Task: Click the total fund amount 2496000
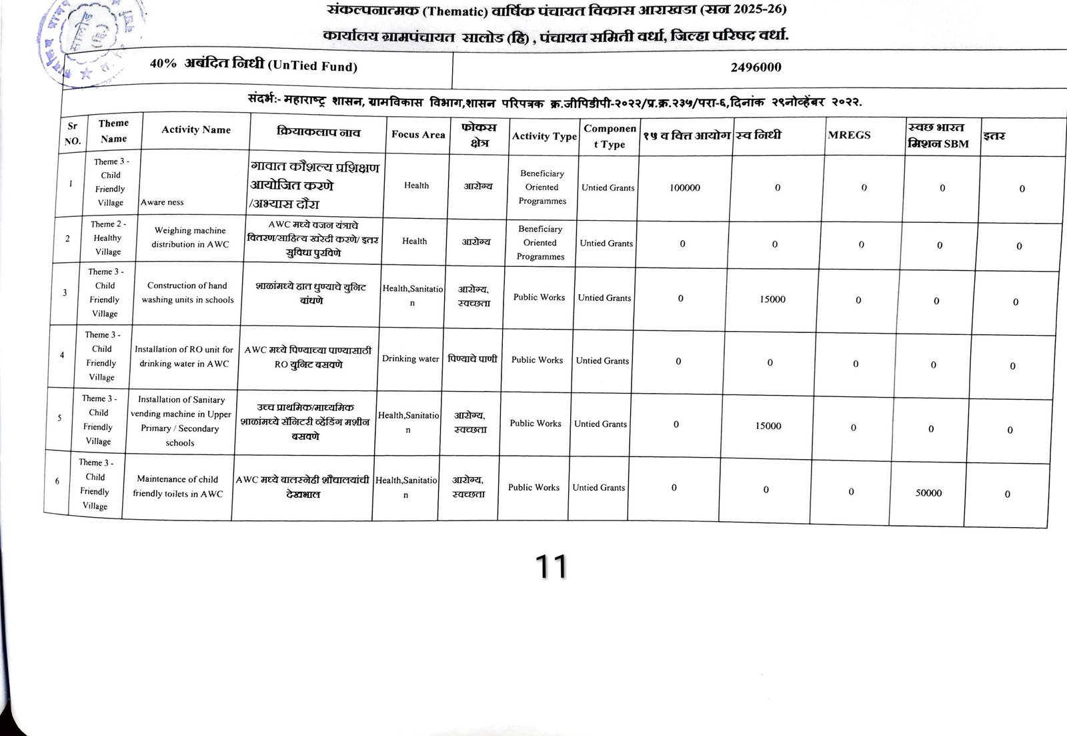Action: [755, 67]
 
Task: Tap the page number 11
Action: [551, 567]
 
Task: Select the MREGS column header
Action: [849, 135]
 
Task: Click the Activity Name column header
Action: [195, 130]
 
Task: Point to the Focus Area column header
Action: [417, 135]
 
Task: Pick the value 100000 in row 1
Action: [684, 188]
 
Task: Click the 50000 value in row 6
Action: [928, 493]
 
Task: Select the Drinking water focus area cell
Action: [410, 359]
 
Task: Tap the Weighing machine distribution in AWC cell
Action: [190, 238]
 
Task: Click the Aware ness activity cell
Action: [162, 202]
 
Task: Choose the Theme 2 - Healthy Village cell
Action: [108, 238]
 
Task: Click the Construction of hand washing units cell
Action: [187, 293]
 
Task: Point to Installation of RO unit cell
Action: [183, 356]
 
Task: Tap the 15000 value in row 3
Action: [772, 300]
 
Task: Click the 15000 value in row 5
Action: [768, 426]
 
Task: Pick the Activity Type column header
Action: [544, 136]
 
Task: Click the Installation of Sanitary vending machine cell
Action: [181, 421]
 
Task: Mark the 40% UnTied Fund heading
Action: [253, 65]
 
